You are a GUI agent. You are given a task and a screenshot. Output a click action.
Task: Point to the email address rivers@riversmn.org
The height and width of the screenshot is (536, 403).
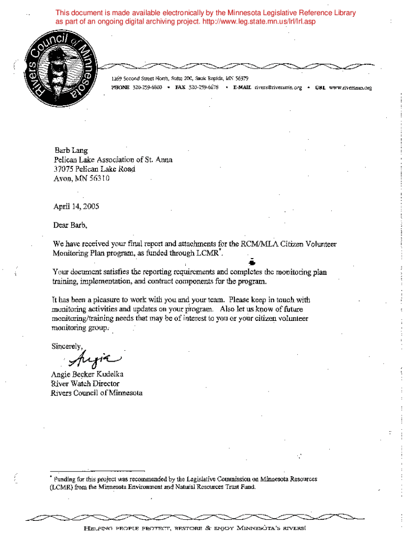[x=278, y=87]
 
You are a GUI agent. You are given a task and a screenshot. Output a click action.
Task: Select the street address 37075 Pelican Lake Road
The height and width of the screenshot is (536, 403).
[x=94, y=169]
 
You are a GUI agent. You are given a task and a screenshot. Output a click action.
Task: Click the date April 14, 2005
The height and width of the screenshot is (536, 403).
[x=76, y=206]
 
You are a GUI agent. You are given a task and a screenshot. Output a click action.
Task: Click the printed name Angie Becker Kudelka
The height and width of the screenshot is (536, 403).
[x=87, y=374]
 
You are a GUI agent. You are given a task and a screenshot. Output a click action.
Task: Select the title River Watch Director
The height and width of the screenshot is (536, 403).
[x=85, y=384]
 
